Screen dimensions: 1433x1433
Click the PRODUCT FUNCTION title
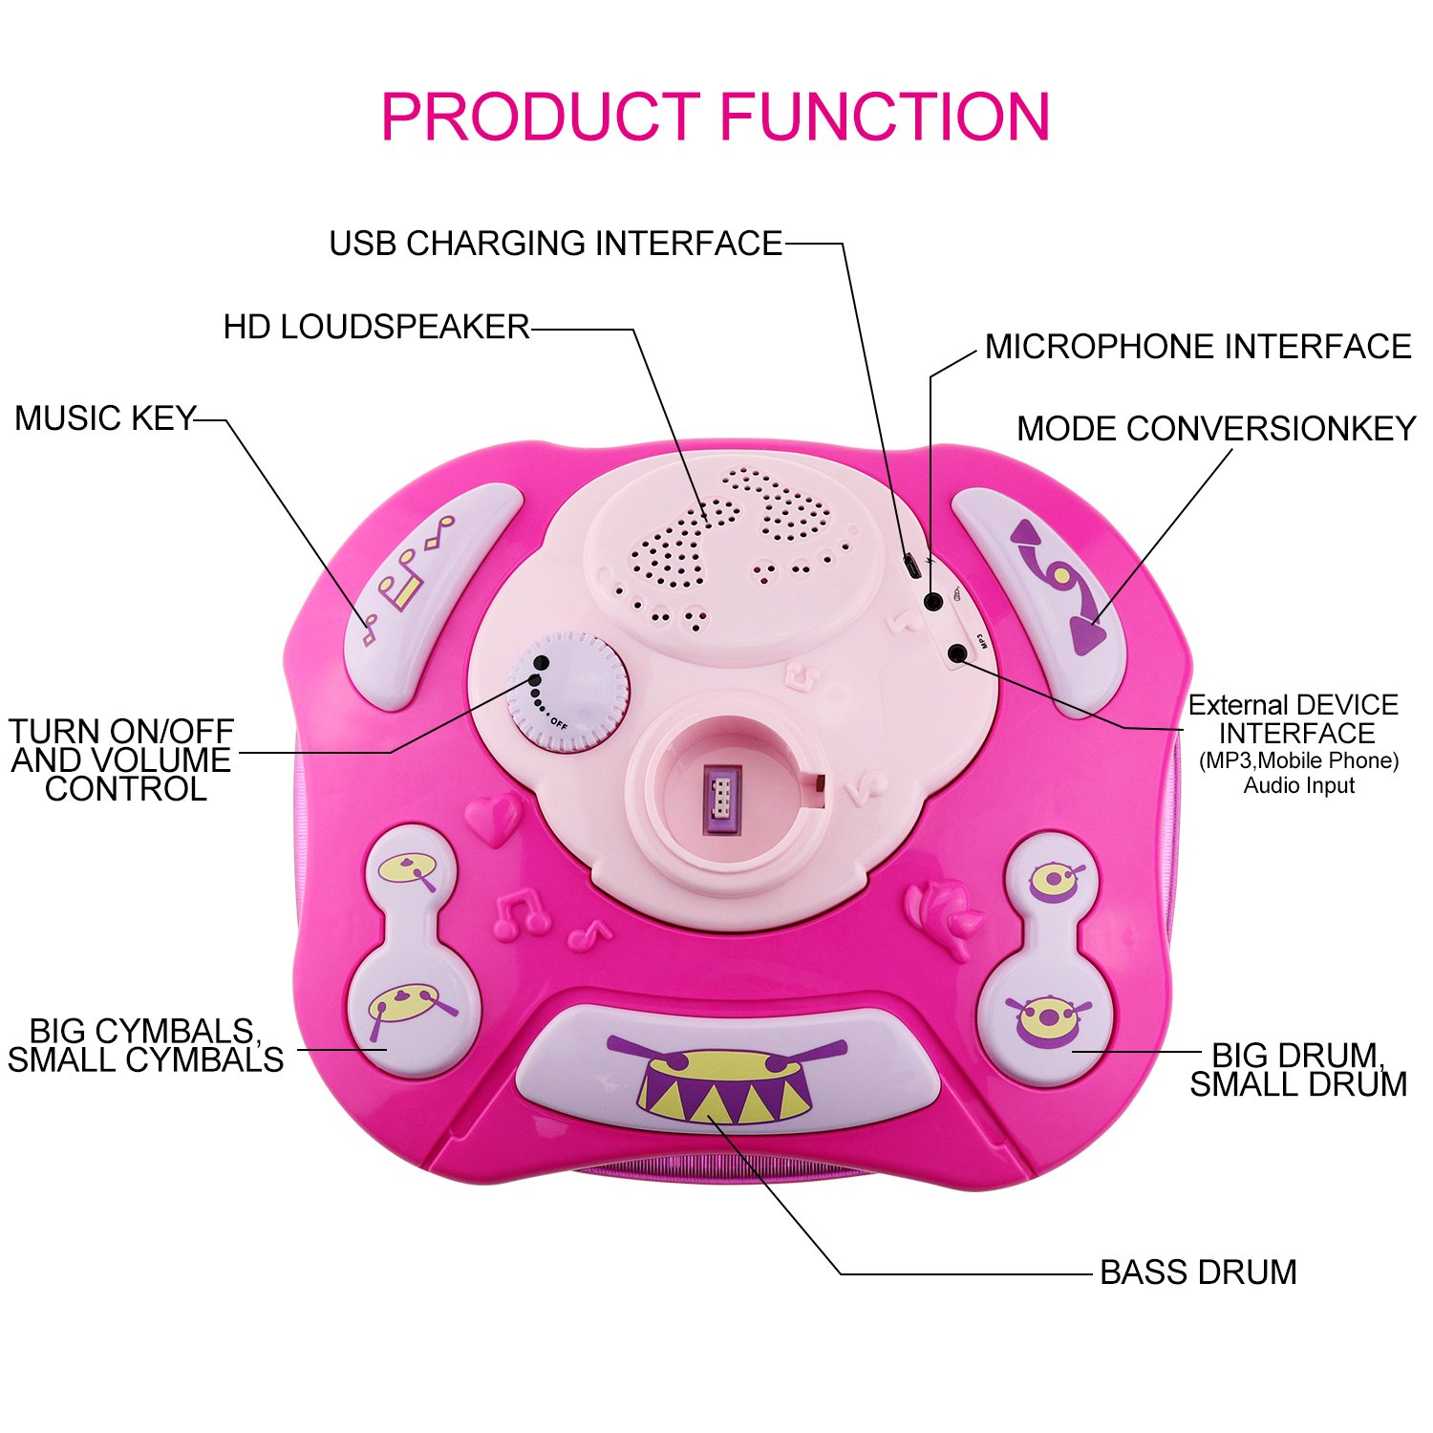point(715,117)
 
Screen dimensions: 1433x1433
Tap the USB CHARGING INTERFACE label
point(555,244)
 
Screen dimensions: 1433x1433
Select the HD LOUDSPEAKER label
point(375,327)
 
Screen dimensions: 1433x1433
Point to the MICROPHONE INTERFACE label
point(1197,346)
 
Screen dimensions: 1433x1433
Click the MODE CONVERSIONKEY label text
point(1215,428)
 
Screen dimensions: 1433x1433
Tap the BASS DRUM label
point(1198,1273)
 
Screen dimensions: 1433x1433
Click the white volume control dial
point(567,690)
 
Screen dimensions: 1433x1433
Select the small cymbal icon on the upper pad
point(409,870)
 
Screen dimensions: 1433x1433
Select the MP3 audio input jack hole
point(957,653)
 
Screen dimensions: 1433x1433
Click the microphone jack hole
point(933,601)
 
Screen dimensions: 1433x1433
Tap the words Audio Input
point(1298,785)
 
